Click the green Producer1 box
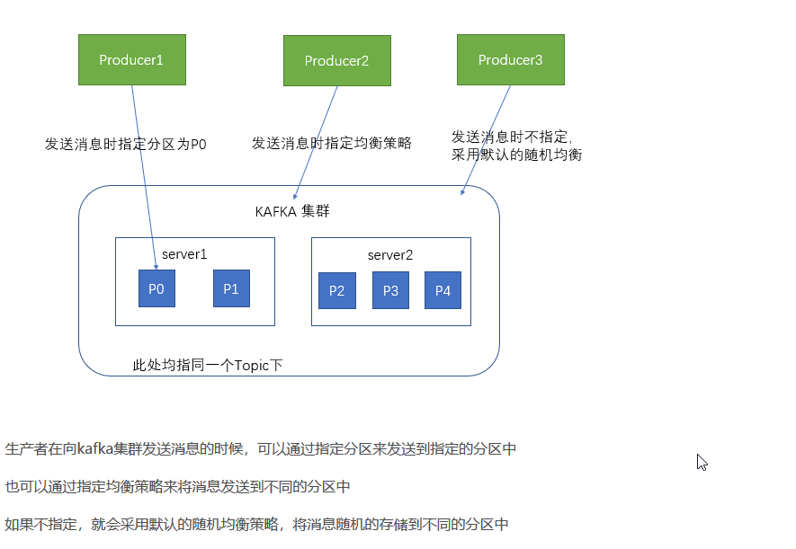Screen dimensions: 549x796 click(x=131, y=59)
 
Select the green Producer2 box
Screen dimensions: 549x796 click(x=336, y=60)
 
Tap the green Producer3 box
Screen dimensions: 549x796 click(x=510, y=59)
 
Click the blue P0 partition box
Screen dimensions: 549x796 click(x=157, y=288)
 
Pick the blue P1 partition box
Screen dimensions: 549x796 click(x=231, y=288)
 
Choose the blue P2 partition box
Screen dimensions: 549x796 click(x=336, y=290)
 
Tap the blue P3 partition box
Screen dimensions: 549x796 click(x=390, y=290)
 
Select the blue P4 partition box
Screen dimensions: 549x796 click(x=443, y=290)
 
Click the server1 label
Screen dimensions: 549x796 click(x=185, y=254)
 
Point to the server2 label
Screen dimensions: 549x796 click(x=390, y=255)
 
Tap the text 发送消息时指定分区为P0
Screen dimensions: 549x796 click(x=126, y=143)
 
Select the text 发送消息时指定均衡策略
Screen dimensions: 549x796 click(x=331, y=142)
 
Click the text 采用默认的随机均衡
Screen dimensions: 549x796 click(x=516, y=155)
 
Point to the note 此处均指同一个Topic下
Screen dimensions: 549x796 click(x=208, y=365)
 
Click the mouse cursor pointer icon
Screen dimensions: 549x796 click(x=702, y=462)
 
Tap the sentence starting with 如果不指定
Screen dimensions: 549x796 click(x=257, y=524)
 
